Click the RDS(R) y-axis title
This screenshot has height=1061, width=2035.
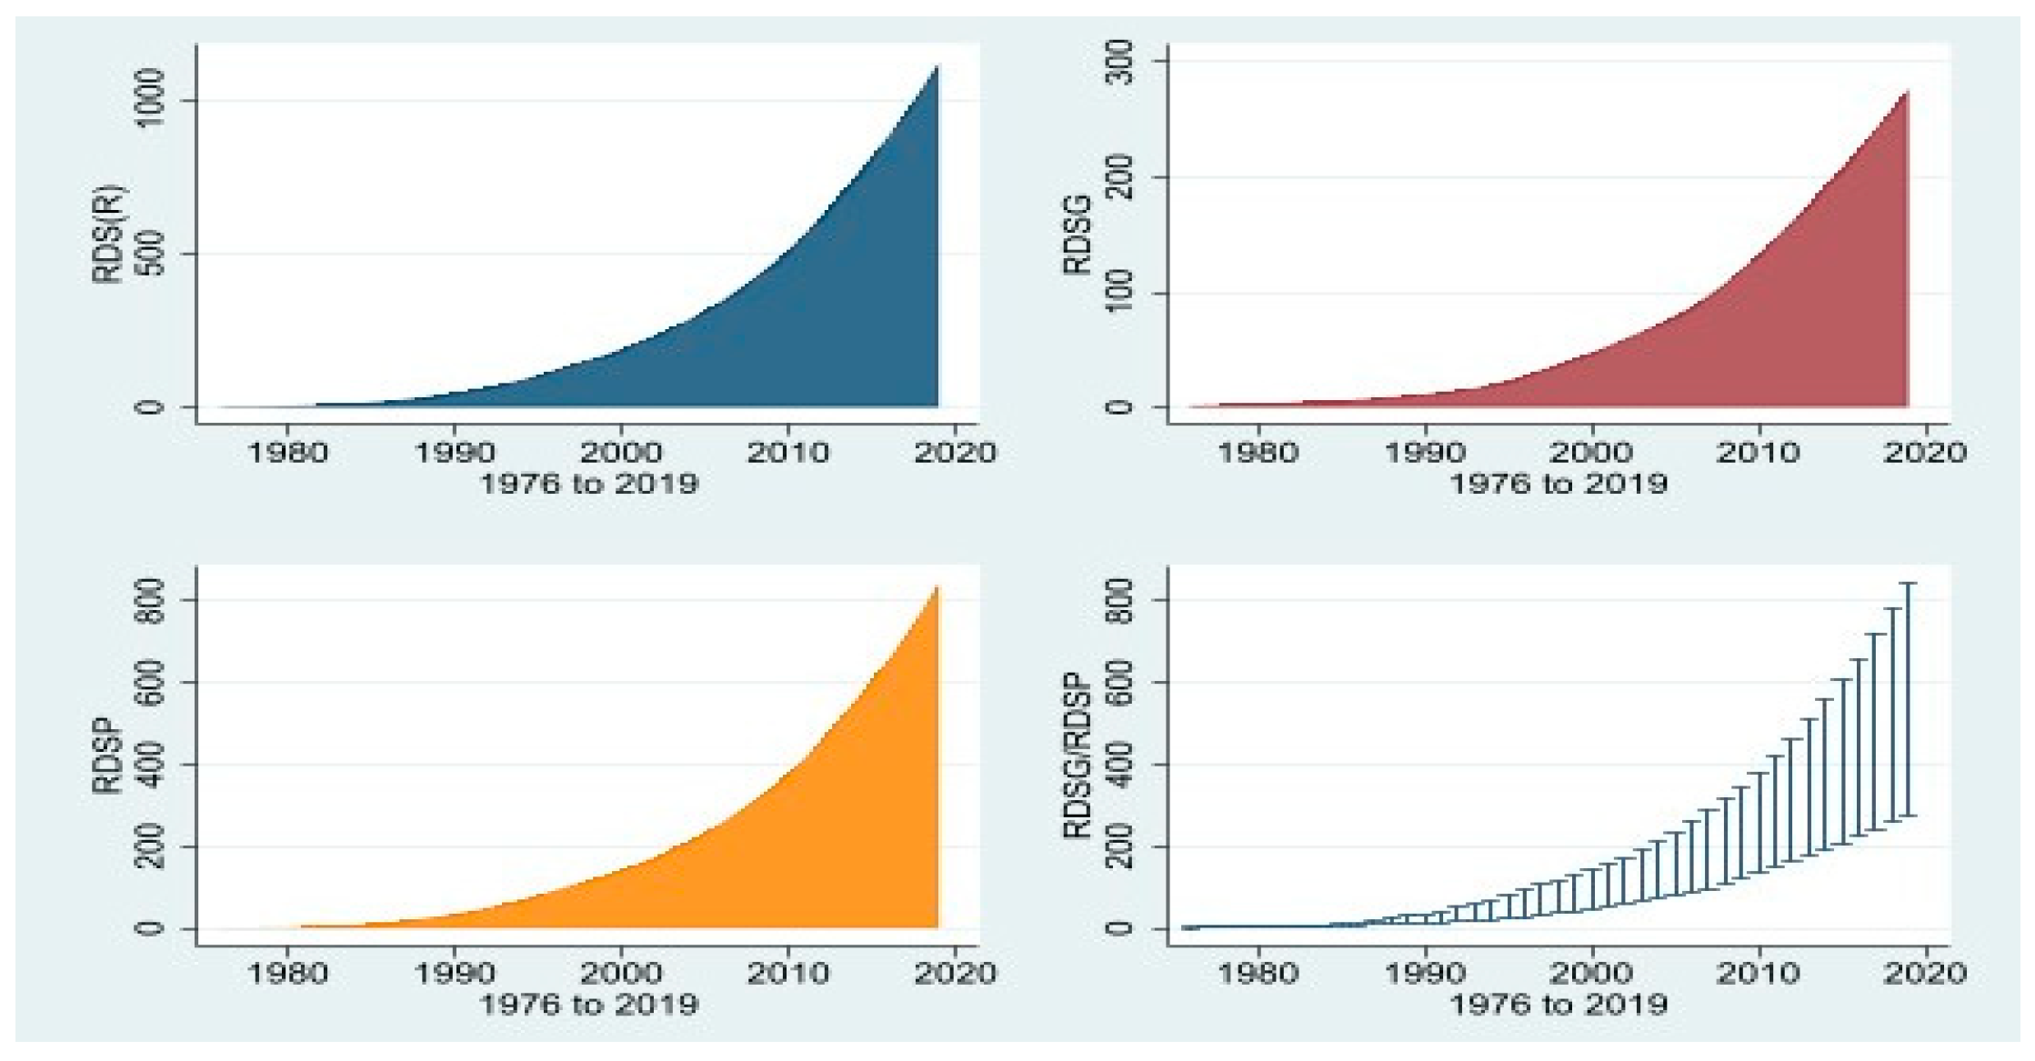click(x=111, y=235)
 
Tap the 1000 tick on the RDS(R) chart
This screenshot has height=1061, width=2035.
click(x=151, y=101)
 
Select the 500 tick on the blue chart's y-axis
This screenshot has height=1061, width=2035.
click(x=151, y=254)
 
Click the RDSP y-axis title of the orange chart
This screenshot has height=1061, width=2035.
click(x=111, y=757)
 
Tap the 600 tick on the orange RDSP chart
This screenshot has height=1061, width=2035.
click(x=151, y=682)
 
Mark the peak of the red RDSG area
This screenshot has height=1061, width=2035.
click(x=1906, y=92)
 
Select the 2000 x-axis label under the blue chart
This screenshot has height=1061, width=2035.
click(x=621, y=452)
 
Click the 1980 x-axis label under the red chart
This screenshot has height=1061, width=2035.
click(x=1258, y=452)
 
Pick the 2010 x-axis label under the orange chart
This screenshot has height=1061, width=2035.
click(x=787, y=974)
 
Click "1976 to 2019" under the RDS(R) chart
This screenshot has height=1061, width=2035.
click(x=588, y=483)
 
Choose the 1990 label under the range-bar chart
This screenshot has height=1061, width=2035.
click(x=1425, y=974)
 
